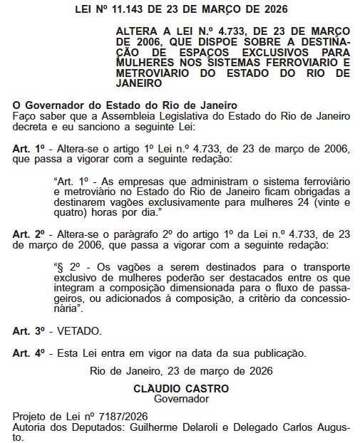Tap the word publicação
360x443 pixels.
pyautogui.click(x=277, y=353)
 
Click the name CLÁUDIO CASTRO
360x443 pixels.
pyautogui.click(x=181, y=389)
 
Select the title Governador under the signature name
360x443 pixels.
pyautogui.click(x=181, y=400)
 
